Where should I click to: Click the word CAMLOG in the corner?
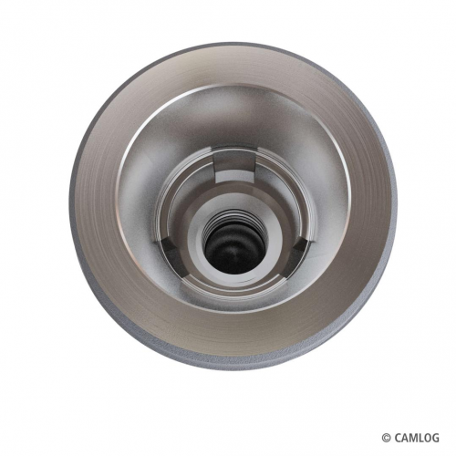417,438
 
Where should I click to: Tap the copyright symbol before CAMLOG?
387,438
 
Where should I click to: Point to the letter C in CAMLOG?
398,438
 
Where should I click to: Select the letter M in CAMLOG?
413,438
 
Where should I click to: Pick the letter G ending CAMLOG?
436,438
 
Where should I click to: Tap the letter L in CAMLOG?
420,438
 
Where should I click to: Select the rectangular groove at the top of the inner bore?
234,167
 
